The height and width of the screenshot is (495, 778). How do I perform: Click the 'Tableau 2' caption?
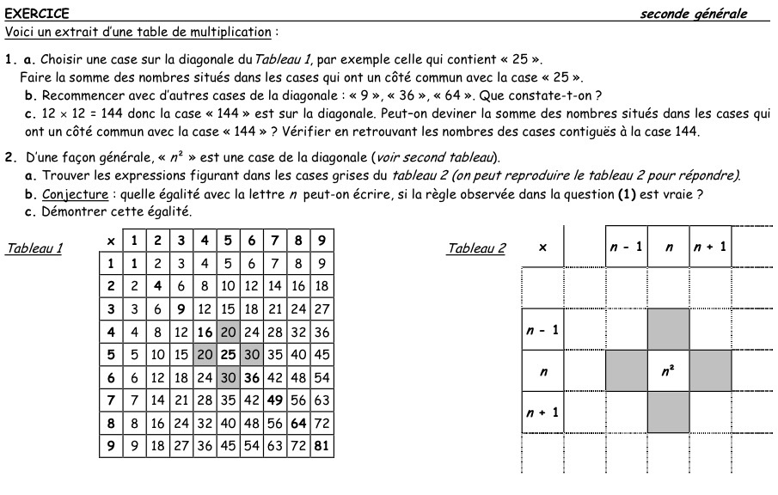tap(476, 249)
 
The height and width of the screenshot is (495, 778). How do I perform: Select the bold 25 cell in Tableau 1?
tap(227, 354)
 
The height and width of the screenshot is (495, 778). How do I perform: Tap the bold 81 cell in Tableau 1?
tap(322, 447)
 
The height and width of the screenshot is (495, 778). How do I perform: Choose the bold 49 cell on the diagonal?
tap(274, 400)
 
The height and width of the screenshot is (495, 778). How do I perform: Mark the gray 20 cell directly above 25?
tap(227, 331)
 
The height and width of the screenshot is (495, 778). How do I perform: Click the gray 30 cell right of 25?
tap(251, 354)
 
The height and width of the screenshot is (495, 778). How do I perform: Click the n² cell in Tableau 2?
tap(668, 372)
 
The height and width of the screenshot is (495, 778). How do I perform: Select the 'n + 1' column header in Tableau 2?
tap(710, 247)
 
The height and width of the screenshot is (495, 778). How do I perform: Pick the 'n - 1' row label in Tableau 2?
tap(542, 331)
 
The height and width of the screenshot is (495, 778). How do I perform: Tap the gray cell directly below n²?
tap(668, 412)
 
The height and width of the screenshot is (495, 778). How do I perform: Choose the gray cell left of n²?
tap(626, 372)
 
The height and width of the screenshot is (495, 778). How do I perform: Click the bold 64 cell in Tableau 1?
tap(297, 424)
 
